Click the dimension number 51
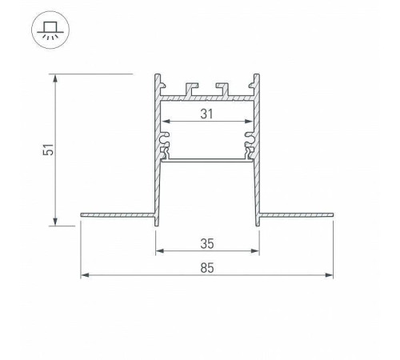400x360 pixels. pyautogui.click(x=48, y=150)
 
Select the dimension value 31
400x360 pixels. pyautogui.click(x=207, y=114)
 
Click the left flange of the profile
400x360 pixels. pyautogui.click(x=116, y=214)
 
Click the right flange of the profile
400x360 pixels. pyautogui.click(x=297, y=214)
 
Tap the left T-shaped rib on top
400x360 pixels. pyautogui.click(x=192, y=86)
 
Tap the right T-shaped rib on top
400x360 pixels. pyautogui.click(x=222, y=86)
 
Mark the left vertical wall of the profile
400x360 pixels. pyautogui.click(x=154, y=160)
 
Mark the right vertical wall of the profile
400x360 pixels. pyautogui.click(x=259, y=160)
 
